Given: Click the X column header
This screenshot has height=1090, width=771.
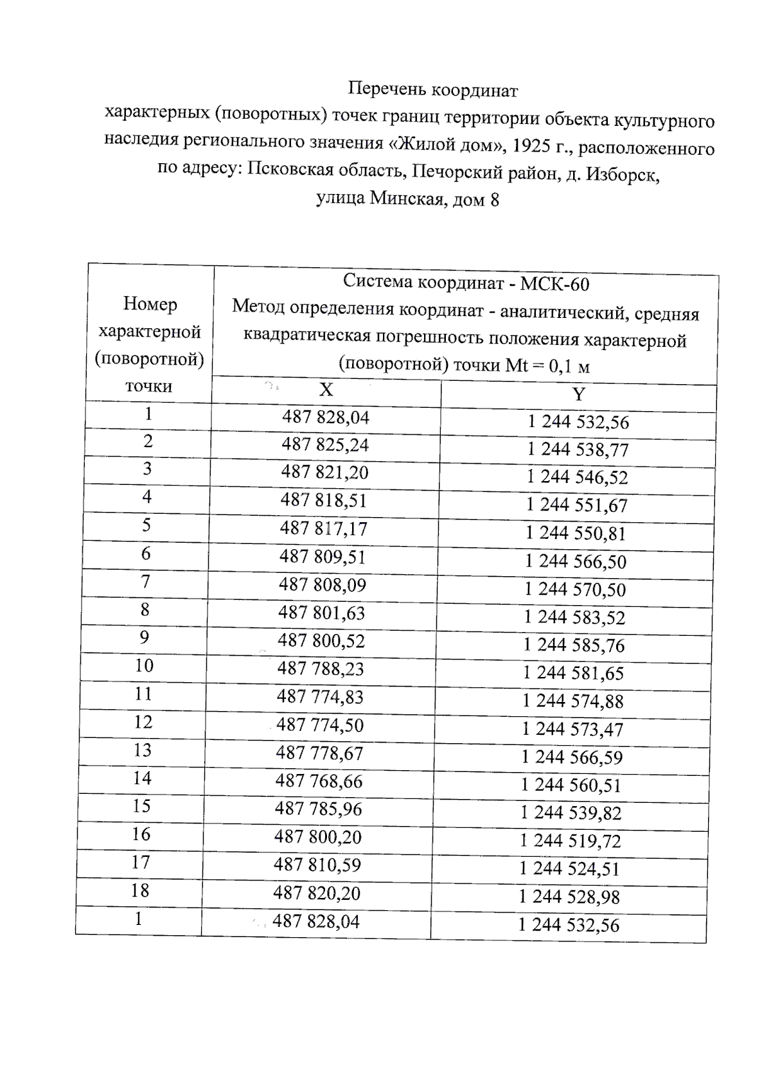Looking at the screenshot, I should (326, 390).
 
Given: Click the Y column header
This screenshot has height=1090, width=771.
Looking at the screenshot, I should (579, 394).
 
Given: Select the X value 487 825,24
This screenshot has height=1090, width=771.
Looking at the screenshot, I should (325, 445).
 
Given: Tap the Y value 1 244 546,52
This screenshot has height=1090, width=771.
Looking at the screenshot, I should (577, 477).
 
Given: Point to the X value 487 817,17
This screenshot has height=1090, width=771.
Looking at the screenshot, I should (323, 529).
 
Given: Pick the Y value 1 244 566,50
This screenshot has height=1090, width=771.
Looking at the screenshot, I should (575, 561).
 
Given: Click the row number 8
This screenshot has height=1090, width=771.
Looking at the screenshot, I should (145, 609).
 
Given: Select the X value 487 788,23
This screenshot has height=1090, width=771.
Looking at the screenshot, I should (321, 669).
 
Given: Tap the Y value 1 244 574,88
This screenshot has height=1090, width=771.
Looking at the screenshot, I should (572, 701).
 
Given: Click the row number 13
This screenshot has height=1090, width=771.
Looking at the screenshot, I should (142, 750).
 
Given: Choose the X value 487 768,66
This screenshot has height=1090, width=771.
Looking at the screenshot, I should (319, 781).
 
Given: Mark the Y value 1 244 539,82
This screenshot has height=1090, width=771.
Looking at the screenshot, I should (571, 813).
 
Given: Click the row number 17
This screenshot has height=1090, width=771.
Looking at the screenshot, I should (141, 862).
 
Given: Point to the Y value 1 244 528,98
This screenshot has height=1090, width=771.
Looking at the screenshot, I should (569, 897).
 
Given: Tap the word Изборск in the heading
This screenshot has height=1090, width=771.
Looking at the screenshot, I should (625, 174).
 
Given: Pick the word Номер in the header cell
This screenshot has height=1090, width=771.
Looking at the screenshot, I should (150, 304).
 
